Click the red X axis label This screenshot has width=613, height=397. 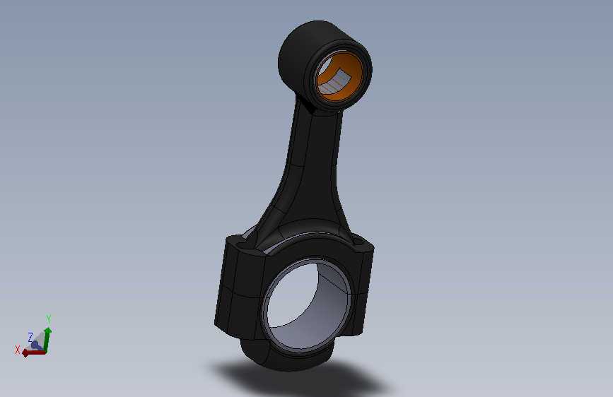[x=17, y=350]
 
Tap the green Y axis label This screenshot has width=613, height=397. [x=49, y=319]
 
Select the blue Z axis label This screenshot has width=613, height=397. [x=30, y=337]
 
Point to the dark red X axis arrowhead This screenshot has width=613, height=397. [x=25, y=353]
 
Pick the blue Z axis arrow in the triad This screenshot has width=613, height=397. [x=36, y=345]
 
